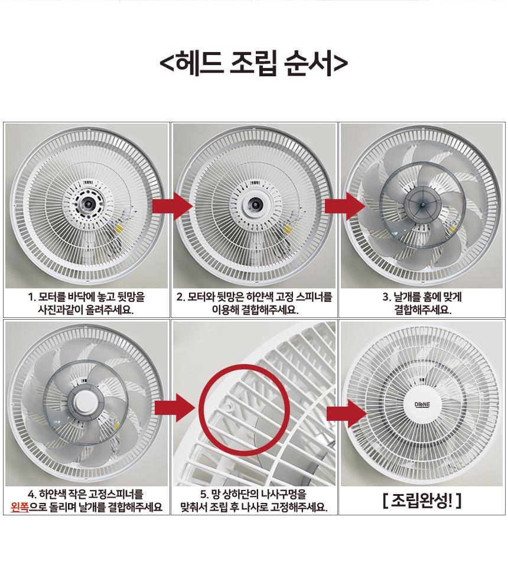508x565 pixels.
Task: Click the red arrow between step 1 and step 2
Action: pyautogui.click(x=172, y=206)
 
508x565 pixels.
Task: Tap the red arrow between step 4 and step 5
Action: pyautogui.click(x=175, y=408)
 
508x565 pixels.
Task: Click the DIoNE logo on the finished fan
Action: pyautogui.click(x=422, y=405)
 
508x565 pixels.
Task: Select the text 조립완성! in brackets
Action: pyautogui.click(x=422, y=501)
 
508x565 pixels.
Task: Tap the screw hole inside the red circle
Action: pyautogui.click(x=230, y=406)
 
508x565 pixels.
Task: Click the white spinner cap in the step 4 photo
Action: pyautogui.click(x=84, y=402)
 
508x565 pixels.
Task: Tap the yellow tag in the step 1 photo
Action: pyautogui.click(x=119, y=228)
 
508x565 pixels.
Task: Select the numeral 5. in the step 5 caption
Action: pyautogui.click(x=204, y=494)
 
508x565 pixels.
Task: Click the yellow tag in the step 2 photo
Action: pyautogui.click(x=288, y=229)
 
